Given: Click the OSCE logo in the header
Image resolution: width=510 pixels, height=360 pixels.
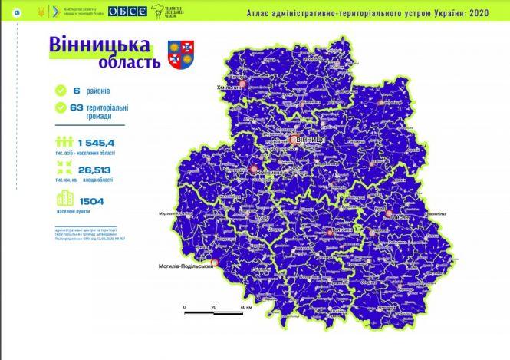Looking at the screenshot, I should [123, 12].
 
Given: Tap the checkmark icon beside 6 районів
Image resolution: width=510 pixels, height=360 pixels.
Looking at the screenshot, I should [61, 91].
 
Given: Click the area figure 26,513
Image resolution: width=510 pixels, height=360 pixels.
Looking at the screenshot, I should [94, 171].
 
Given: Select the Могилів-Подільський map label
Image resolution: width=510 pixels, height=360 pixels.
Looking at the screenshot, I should [180, 267].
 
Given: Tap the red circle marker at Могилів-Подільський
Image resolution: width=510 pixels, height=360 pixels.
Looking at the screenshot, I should [215, 262].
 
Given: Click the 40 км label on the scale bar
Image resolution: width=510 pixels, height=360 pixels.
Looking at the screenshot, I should [245, 307].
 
